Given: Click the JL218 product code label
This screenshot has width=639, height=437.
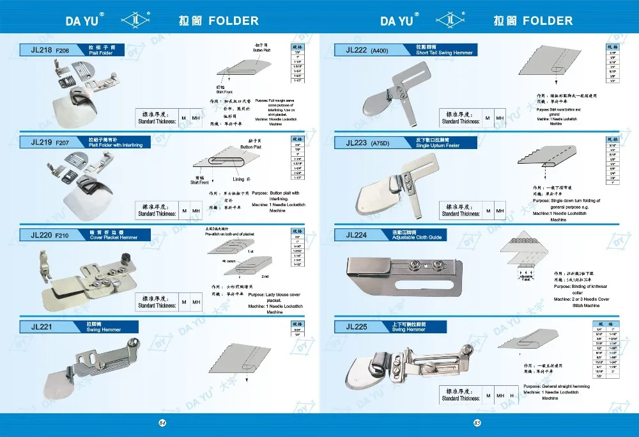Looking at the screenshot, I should [40, 49].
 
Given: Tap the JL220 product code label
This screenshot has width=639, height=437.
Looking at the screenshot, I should [40, 235].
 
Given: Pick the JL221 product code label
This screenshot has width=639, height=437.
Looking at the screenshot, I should [40, 327].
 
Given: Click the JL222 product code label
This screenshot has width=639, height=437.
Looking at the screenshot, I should [357, 49].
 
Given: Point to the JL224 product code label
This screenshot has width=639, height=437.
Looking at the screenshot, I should [357, 235].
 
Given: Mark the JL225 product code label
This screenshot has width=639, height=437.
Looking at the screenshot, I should [357, 327].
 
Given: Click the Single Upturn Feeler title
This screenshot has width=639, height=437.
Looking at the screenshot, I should [438, 145].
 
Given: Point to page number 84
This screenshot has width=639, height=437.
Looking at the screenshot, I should [162, 422].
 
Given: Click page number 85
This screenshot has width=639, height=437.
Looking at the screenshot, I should [477, 422].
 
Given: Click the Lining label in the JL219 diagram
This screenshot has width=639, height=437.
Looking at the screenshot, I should [238, 180].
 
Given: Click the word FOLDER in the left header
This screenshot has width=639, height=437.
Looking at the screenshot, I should [233, 20].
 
